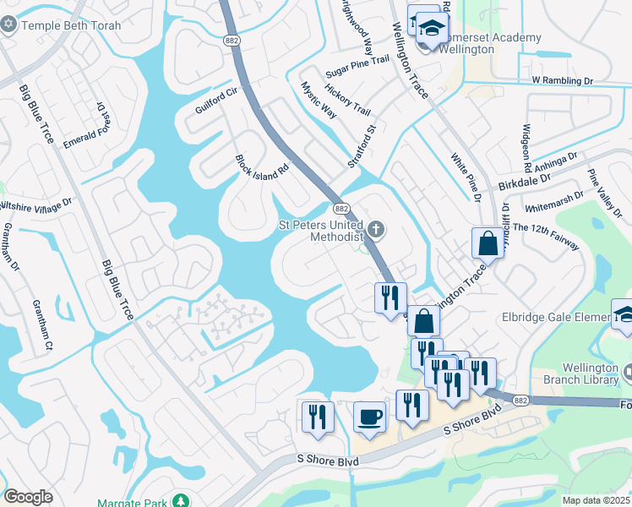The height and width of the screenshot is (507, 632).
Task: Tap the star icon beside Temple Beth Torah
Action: click(x=10, y=25)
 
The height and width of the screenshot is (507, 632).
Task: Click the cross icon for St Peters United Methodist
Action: click(x=376, y=226)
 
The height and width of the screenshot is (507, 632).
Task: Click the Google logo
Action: click(x=28, y=497)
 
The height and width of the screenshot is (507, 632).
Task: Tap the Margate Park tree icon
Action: click(x=181, y=502)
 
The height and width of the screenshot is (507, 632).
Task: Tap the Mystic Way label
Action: click(x=319, y=100)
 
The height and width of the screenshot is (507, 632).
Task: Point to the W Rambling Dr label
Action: click(x=564, y=80)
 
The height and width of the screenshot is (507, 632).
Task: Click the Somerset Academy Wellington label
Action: click(x=473, y=43)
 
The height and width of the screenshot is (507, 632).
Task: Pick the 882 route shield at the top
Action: click(x=232, y=40)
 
